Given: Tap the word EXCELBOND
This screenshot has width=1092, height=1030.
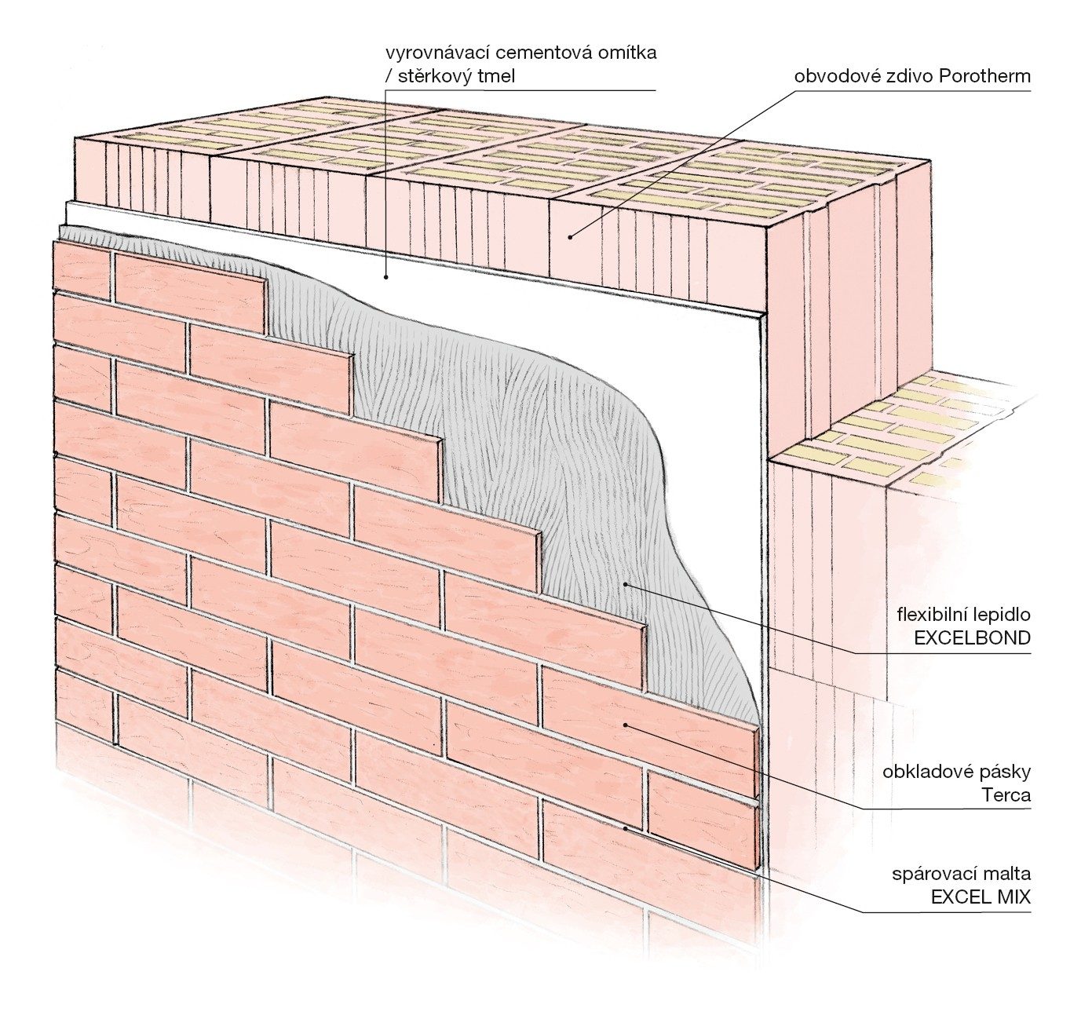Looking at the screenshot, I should coord(972,637).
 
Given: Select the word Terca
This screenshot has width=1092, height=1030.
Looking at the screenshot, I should coord(1006,794).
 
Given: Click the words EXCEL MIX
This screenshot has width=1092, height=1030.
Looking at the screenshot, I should coord(981,897).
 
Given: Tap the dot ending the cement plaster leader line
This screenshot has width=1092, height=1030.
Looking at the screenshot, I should coord(386,276).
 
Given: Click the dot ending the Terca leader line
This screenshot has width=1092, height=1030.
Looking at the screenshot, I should coord(626,725).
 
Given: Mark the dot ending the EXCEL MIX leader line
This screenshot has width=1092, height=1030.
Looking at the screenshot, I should coord(626,827).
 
